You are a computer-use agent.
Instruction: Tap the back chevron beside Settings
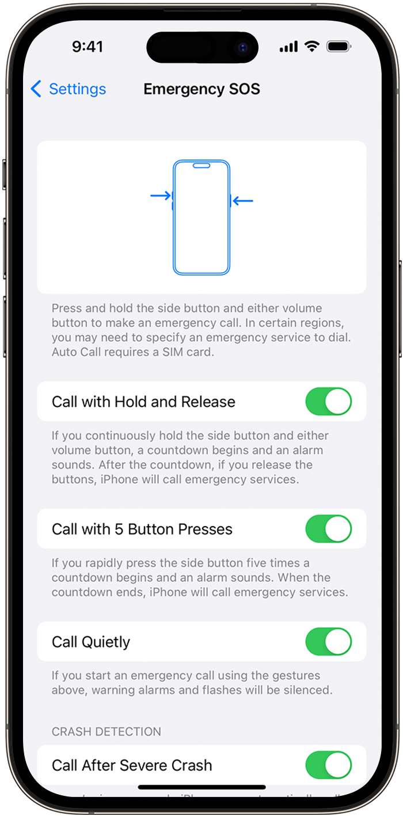pyautogui.click(x=36, y=89)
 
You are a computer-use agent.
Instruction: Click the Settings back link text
pyautogui.click(x=77, y=89)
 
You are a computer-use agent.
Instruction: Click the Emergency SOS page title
pyautogui.click(x=201, y=89)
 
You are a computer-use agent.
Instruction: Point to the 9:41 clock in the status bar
pyautogui.click(x=88, y=47)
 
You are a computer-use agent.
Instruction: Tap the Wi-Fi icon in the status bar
pyautogui.click(x=312, y=47)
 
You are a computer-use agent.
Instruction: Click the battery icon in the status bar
pyautogui.click(x=339, y=47)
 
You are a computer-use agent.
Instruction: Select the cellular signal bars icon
pyautogui.click(x=288, y=47)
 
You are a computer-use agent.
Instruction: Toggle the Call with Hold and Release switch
pyautogui.click(x=328, y=401)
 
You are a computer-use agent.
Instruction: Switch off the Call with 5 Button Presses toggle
pyautogui.click(x=328, y=529)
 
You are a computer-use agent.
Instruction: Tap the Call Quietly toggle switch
pyautogui.click(x=328, y=642)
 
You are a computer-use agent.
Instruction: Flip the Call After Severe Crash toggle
pyautogui.click(x=328, y=765)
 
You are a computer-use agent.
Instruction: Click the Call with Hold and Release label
pyautogui.click(x=143, y=402)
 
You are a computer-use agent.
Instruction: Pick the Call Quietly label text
pyautogui.click(x=91, y=642)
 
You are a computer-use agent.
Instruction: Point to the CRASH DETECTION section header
pyautogui.click(x=107, y=732)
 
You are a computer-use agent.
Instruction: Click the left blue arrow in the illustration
pyautogui.click(x=161, y=196)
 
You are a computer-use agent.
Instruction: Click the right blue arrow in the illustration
pyautogui.click(x=243, y=201)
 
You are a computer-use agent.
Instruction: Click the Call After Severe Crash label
pyautogui.click(x=132, y=765)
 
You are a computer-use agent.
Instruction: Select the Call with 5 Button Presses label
pyautogui.click(x=142, y=529)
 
